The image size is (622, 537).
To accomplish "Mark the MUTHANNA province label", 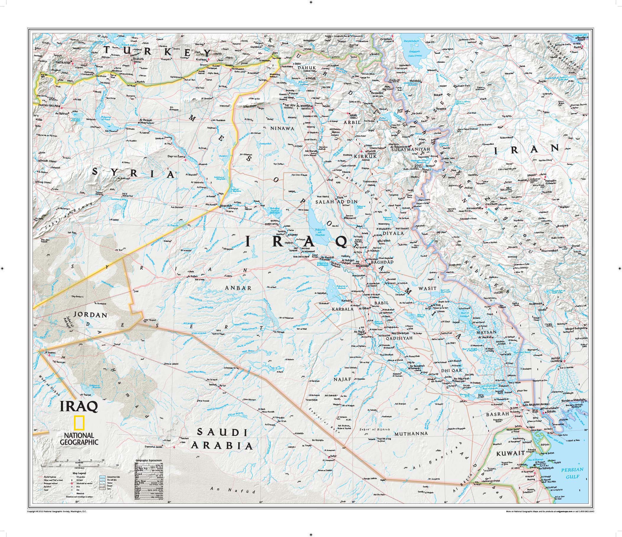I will tap(411, 434).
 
